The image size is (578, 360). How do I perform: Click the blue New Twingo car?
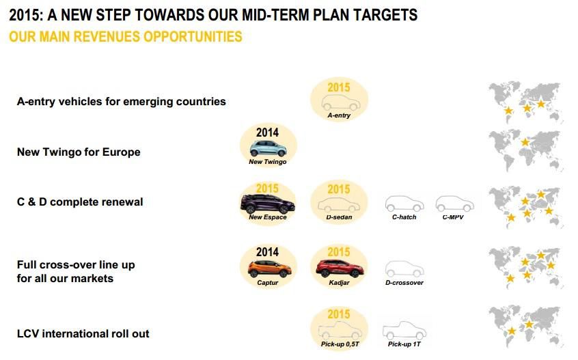tap(268, 148)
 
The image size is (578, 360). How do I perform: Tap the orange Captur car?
tap(269, 268)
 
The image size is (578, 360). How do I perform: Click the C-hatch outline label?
tap(404, 217)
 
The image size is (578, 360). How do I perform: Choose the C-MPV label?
tap(453, 217)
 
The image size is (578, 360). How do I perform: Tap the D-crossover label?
tap(404, 283)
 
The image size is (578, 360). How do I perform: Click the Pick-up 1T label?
tap(404, 344)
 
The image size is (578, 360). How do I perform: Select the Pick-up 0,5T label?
tap(340, 344)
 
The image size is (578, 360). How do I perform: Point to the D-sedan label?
tap(339, 217)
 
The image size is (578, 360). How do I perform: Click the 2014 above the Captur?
tap(267, 252)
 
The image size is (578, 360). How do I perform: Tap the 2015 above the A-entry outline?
tap(339, 87)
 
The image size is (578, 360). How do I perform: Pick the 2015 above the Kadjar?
tap(339, 252)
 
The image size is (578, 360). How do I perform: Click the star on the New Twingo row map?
tap(525, 142)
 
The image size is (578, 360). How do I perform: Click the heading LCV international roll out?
tap(83, 333)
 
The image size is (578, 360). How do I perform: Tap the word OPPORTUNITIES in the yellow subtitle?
tap(193, 36)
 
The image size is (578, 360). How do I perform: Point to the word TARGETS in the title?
tap(385, 15)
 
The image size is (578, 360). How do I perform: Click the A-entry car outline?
tap(341, 102)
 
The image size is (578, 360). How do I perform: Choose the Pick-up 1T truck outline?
tap(404, 331)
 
